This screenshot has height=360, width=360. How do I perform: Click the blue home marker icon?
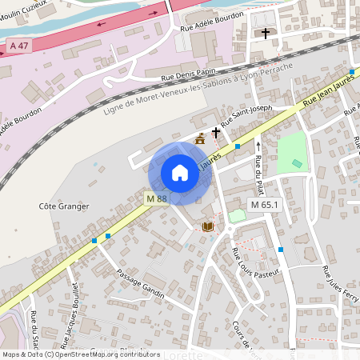[x=180, y=172]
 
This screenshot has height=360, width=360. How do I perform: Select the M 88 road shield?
[x=157, y=198]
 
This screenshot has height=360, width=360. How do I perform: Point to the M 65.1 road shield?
[x=264, y=205]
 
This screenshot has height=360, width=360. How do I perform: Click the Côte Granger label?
[x=64, y=206]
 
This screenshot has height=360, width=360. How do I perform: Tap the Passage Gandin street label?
[x=140, y=284]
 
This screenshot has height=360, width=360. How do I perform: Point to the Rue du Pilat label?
[x=258, y=171]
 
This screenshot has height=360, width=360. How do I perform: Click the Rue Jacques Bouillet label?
[x=74, y=308]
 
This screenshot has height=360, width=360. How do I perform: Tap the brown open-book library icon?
[x=209, y=227]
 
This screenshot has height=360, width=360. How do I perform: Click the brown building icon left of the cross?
[x=199, y=139]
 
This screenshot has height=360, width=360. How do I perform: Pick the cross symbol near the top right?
[x=266, y=34]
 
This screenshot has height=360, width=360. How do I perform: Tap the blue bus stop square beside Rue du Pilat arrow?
[x=238, y=146]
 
